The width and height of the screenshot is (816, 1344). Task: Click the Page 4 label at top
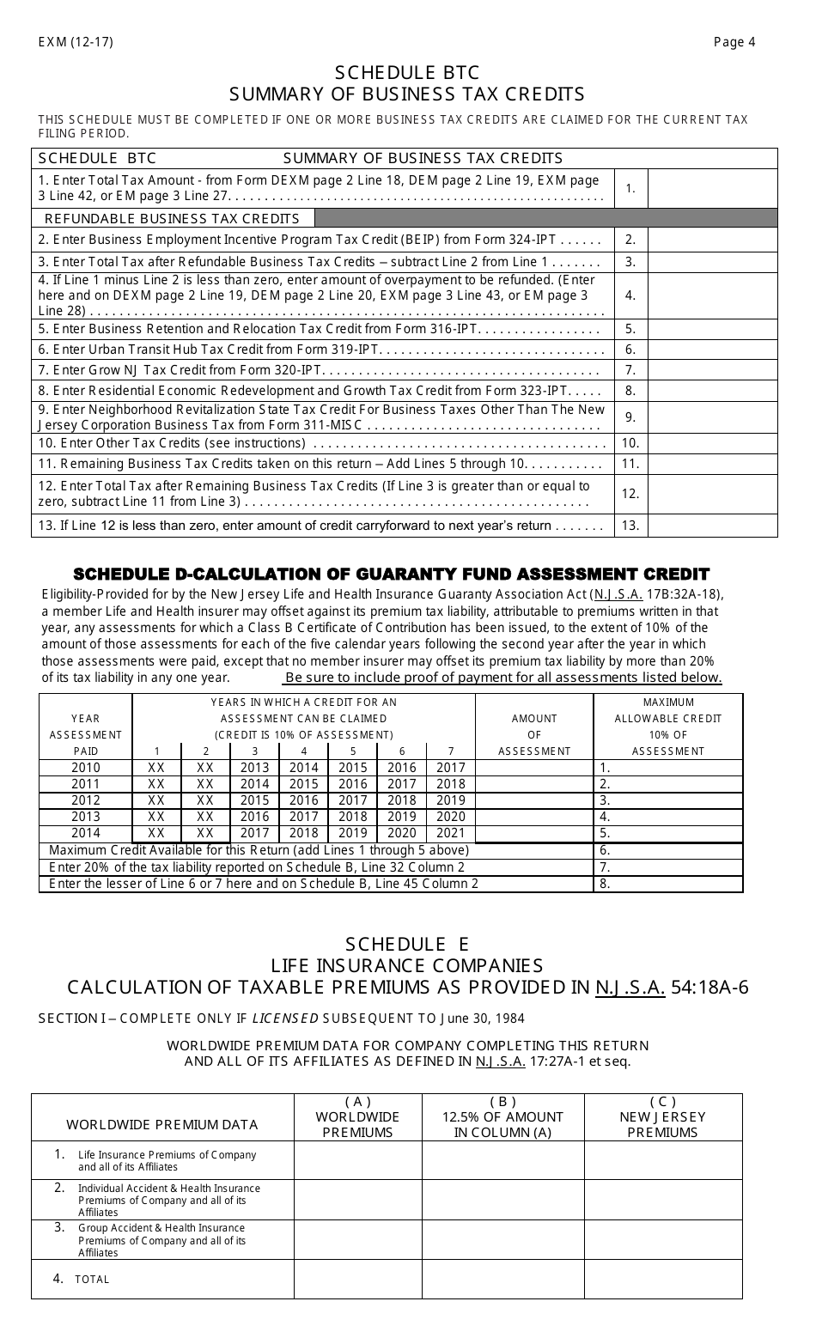(734, 42)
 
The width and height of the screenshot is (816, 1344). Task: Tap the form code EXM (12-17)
(76, 42)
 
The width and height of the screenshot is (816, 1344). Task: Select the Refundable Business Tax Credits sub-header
(172, 218)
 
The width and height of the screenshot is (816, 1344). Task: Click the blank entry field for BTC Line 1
(712, 188)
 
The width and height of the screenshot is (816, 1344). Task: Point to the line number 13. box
(630, 526)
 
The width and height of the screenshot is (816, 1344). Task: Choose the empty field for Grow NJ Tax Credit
(712, 370)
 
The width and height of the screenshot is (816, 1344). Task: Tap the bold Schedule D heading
(392, 574)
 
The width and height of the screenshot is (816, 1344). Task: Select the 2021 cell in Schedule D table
(450, 833)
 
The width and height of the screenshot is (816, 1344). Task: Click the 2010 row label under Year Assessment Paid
(86, 768)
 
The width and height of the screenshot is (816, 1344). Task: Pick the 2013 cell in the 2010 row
(255, 768)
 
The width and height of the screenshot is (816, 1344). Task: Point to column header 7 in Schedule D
(450, 751)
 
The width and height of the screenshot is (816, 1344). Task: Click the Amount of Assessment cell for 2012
(533, 800)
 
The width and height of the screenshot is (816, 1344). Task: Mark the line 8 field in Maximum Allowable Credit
(667, 883)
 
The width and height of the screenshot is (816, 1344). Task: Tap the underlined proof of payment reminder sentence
(502, 678)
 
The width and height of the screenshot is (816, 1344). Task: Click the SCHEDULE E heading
(407, 943)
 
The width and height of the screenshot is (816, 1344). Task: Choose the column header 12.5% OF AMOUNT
(502, 1117)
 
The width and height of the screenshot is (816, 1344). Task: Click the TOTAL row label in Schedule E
(92, 1279)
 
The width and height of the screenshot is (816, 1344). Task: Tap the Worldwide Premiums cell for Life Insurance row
(357, 1159)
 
